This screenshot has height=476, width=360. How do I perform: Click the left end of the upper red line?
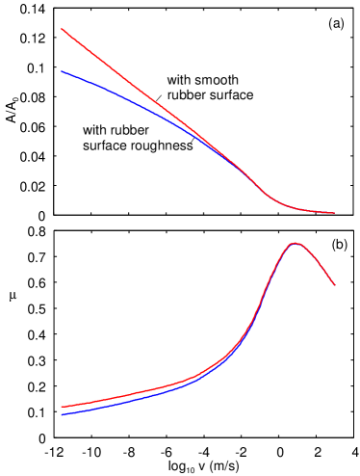[x=62, y=29]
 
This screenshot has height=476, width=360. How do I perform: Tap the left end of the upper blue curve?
[x=62, y=71]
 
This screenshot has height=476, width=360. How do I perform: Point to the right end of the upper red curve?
[x=334, y=213]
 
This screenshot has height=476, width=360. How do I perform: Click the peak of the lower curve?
[x=295, y=243]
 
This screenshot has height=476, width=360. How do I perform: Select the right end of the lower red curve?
[x=335, y=285]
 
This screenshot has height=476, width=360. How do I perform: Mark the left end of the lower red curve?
[x=62, y=407]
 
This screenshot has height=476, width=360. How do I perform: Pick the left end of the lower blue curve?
[x=62, y=414]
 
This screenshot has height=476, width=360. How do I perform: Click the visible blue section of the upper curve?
[x=125, y=96]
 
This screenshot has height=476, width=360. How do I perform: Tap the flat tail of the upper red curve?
[x=313, y=210]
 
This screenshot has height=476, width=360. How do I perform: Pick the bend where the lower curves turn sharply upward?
[x=231, y=357]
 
